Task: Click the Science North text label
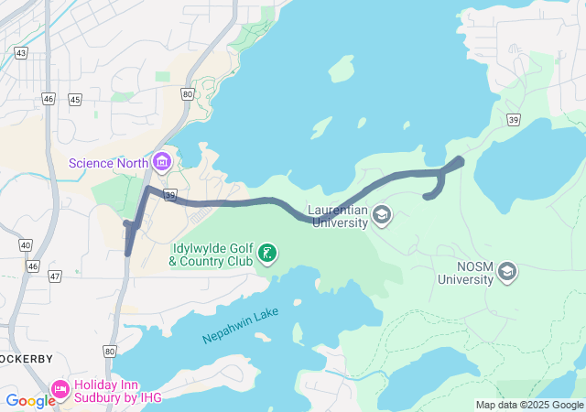[109, 164]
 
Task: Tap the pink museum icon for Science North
[162, 163]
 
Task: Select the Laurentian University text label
[336, 216]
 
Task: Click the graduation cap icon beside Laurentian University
[381, 216]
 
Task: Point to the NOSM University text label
[462, 273]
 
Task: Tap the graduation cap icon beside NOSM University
[507, 272]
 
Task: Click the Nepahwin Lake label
[240, 327]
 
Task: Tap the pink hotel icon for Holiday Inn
[61, 389]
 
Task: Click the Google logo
[30, 400]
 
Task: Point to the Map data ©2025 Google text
[529, 405]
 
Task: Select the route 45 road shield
[75, 99]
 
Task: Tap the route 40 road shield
[25, 245]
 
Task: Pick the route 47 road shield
[55, 276]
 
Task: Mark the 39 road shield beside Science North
[169, 195]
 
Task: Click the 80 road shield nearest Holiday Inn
[110, 351]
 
